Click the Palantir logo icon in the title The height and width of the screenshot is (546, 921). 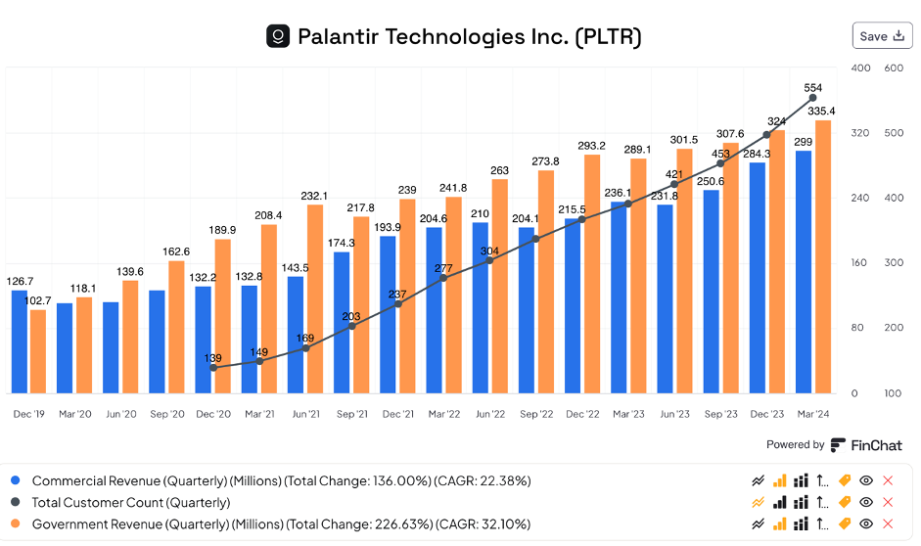click(278, 37)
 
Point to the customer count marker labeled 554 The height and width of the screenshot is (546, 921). click(812, 99)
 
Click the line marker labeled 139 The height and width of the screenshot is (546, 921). click(213, 367)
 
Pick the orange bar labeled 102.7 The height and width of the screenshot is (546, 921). click(38, 351)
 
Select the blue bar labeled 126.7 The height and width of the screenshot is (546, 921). click(20, 341)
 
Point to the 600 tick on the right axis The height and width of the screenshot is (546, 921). click(893, 68)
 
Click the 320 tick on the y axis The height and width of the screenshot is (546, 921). click(860, 133)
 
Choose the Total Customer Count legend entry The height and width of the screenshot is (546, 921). click(131, 502)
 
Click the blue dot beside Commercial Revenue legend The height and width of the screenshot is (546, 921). click(15, 480)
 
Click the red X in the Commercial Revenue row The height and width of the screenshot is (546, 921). click(888, 480)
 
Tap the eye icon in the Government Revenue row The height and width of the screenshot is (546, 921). click(865, 523)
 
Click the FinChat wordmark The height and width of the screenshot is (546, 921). click(877, 445)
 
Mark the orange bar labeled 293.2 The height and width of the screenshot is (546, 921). click(592, 273)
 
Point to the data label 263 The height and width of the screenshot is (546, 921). click(500, 171)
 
